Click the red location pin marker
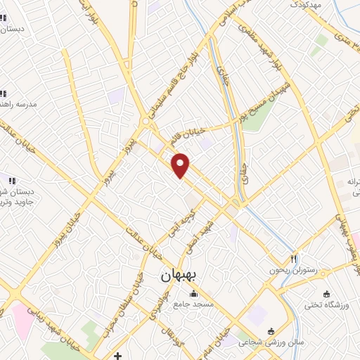181,164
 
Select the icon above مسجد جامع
193,293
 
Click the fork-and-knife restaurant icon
295,258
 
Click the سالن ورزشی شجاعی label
263,343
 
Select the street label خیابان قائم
193,131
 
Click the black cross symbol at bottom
118,355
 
